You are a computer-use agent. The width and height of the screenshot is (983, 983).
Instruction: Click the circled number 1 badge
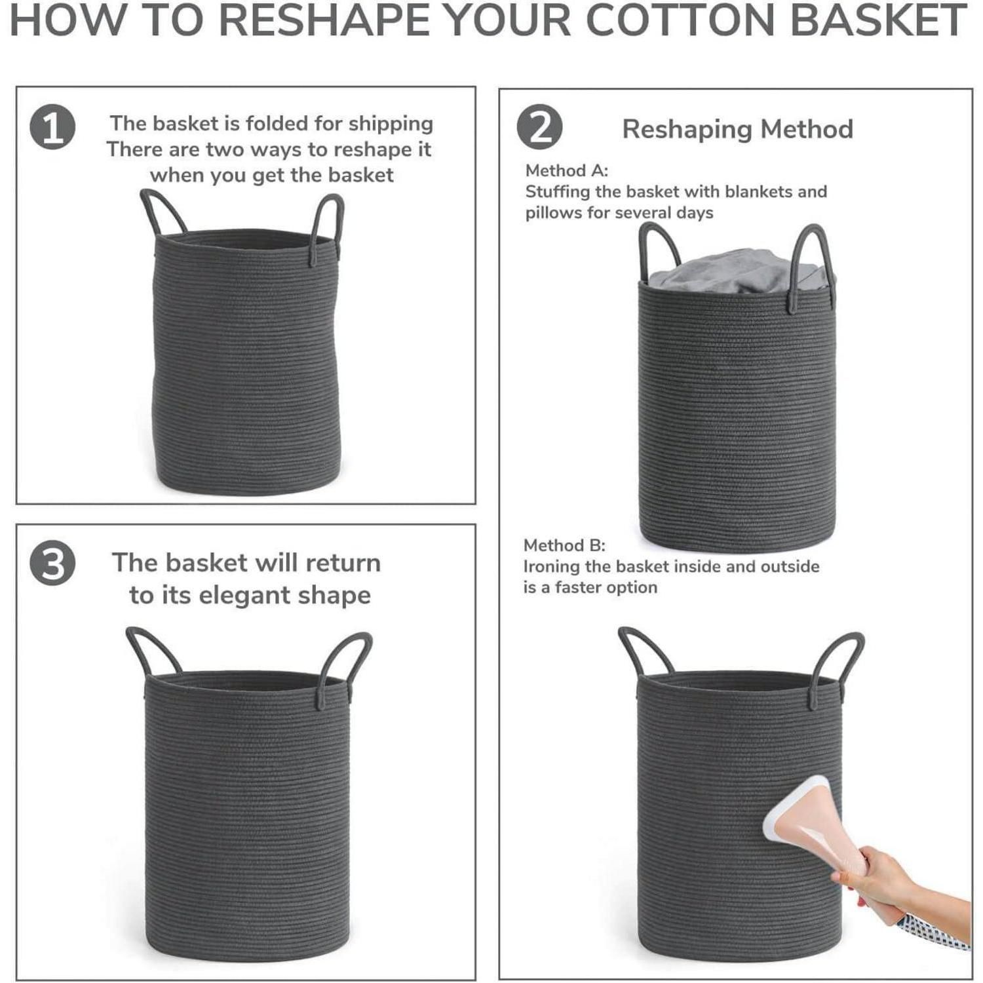point(52,127)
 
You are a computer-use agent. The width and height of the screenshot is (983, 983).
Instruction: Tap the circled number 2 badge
point(539,127)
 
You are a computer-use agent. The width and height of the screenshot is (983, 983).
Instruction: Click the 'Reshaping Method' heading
point(737,129)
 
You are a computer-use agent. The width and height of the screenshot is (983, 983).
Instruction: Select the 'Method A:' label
point(567,170)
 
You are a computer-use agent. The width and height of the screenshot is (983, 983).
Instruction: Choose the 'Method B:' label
point(564,545)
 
